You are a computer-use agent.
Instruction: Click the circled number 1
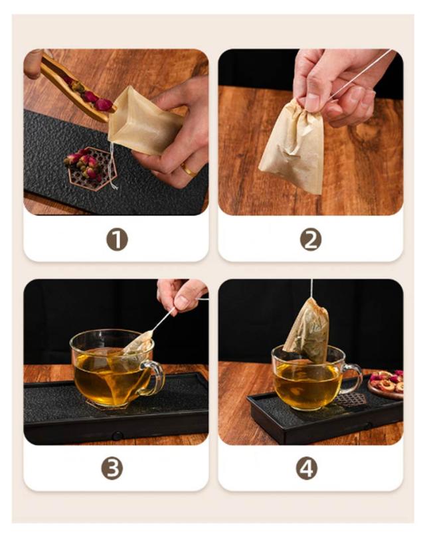tap(117, 240)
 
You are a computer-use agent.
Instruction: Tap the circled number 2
tap(311, 240)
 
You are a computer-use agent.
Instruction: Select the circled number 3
tap(112, 469)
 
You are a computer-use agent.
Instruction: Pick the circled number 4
tap(307, 469)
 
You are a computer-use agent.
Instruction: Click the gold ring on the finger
tap(188, 169)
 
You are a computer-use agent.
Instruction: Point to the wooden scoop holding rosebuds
tap(78, 90)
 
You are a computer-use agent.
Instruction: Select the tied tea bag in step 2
tap(292, 147)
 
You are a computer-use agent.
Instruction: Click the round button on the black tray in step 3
tap(118, 436)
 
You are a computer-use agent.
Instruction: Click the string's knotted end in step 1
tap(115, 187)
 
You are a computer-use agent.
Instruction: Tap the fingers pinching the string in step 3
tap(181, 295)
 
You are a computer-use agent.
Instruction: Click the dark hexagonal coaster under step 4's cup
tap(349, 400)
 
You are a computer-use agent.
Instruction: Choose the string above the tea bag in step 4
tap(311, 288)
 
